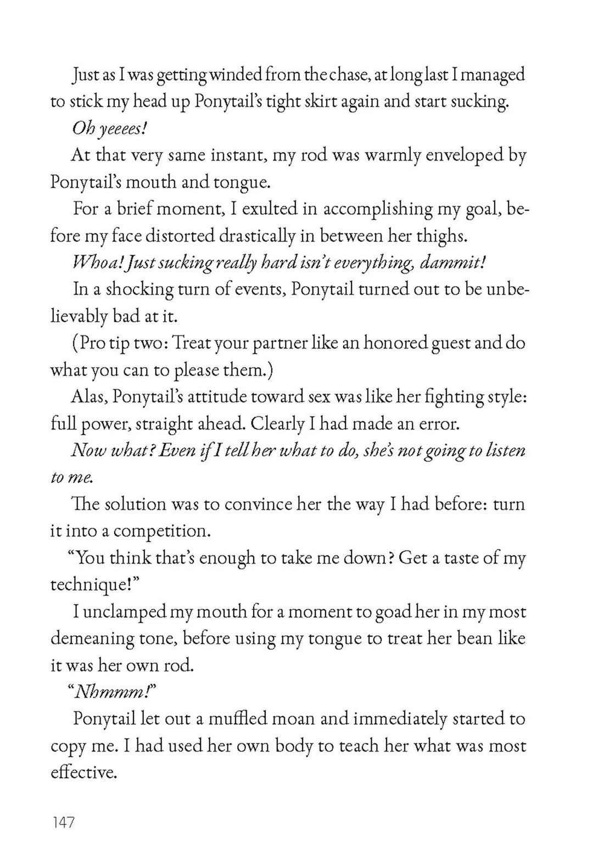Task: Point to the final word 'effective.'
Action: coord(84,773)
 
